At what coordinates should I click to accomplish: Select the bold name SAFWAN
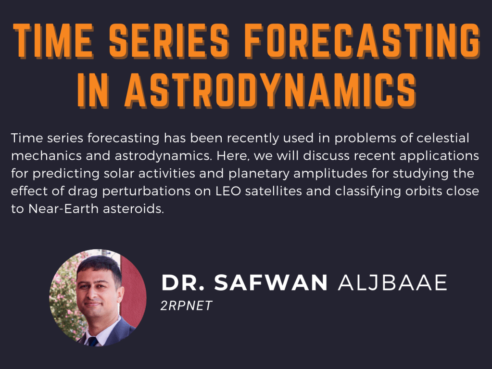click(271, 283)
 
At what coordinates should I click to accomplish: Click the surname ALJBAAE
click(392, 283)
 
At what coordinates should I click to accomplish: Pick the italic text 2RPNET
click(186, 306)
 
